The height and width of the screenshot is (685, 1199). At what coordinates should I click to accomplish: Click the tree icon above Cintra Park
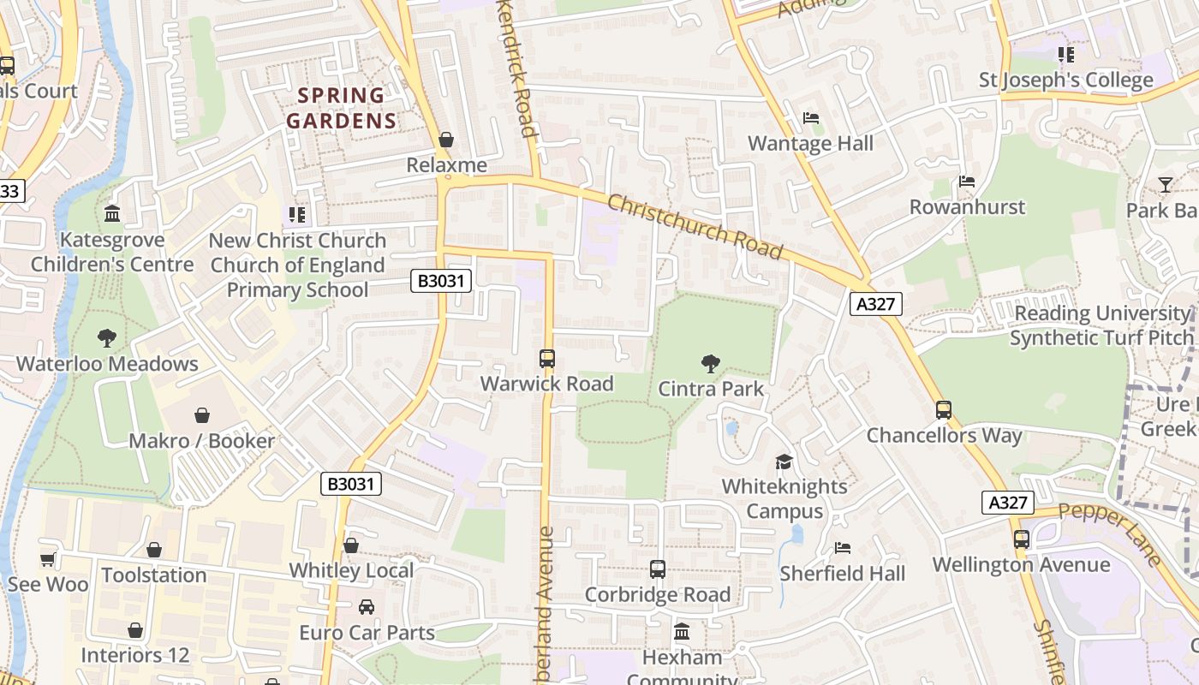coord(710,364)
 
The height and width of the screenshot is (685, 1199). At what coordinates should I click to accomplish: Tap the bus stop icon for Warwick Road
coord(547,359)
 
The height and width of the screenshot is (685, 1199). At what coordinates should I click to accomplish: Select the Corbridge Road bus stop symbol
coord(658,569)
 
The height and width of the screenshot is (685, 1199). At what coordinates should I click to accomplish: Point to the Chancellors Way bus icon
coord(944,410)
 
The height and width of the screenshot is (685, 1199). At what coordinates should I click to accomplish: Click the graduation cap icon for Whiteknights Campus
coord(784,462)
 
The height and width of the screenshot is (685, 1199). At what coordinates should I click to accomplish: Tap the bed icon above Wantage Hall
coord(810,118)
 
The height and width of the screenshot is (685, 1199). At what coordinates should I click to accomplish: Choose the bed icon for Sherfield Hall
coord(843,548)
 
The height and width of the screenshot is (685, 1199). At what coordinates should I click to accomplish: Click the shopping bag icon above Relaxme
coord(446,140)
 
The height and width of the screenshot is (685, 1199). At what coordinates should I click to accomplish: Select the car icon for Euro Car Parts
coord(367,607)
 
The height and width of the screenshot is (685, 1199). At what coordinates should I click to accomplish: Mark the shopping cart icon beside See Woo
coord(48,559)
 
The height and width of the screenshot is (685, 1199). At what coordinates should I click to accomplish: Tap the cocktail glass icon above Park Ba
coord(1165,185)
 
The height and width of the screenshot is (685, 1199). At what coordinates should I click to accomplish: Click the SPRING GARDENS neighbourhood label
coord(342,108)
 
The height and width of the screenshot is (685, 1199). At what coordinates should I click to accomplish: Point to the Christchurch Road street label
coord(695,226)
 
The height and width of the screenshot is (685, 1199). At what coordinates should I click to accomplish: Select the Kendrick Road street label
coord(519,68)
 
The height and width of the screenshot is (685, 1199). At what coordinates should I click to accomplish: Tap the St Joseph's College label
coord(1066,80)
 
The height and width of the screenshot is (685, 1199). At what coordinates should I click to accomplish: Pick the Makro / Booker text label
coord(201,441)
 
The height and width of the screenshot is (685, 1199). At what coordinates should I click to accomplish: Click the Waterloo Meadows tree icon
coord(107,338)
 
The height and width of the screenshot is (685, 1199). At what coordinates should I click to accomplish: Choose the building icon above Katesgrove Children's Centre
coord(112,213)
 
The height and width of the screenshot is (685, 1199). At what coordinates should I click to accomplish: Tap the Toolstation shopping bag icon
coord(154,550)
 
